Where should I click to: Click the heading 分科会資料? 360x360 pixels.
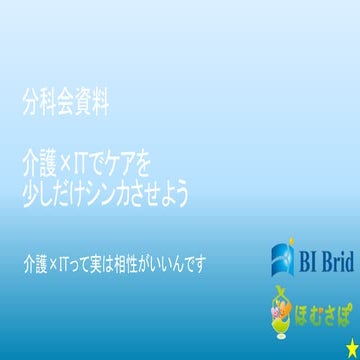point(65,101)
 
